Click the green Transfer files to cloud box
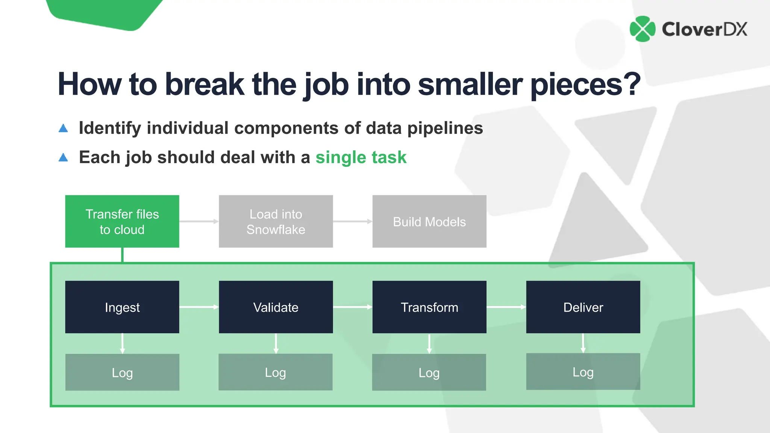[x=122, y=221]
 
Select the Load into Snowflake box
[x=276, y=221]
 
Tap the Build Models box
[x=429, y=221]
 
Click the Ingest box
[x=122, y=307]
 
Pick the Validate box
[x=276, y=307]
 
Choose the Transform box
[x=429, y=307]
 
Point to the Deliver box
[x=583, y=307]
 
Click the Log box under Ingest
[x=122, y=372]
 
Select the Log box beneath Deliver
[x=583, y=372]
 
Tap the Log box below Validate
[x=276, y=372]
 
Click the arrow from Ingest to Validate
[x=199, y=307]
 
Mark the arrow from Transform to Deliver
[x=506, y=307]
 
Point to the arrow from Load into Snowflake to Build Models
[x=352, y=221]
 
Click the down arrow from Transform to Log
[x=429, y=344]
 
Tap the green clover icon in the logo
[x=643, y=29]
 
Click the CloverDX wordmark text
[x=705, y=29]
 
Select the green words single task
[x=361, y=157]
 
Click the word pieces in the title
[x=585, y=85]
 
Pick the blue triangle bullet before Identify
[x=63, y=129]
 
